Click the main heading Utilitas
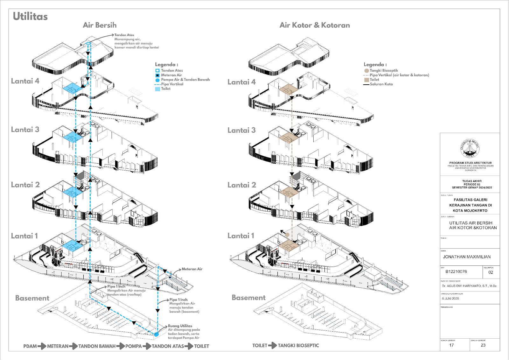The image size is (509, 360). pos(30,17)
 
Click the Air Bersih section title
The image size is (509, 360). pos(100,25)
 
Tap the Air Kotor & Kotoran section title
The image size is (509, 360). pos(315,25)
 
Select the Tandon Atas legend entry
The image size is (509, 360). pos(171,70)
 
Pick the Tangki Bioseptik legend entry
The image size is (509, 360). pos(383,70)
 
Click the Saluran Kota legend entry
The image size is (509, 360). pos(381,84)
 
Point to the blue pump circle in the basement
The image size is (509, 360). pos(156,334)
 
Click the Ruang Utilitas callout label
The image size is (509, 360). pos(180,326)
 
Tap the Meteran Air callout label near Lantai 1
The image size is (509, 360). pos(192,269)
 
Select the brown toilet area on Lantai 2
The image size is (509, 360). pos(289,192)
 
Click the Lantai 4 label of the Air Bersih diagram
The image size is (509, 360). pos(25,81)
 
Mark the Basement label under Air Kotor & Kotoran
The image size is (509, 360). pos(248,298)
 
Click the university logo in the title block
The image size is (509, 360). pos(470,148)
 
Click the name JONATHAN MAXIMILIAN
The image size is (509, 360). pos(467,257)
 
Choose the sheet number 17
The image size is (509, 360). pos(451,345)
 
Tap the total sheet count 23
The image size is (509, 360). pos(483,345)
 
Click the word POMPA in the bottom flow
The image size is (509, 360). pos(134,346)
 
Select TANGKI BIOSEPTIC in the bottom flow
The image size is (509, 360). pos(298,345)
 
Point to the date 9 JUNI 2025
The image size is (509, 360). pos(450,299)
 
